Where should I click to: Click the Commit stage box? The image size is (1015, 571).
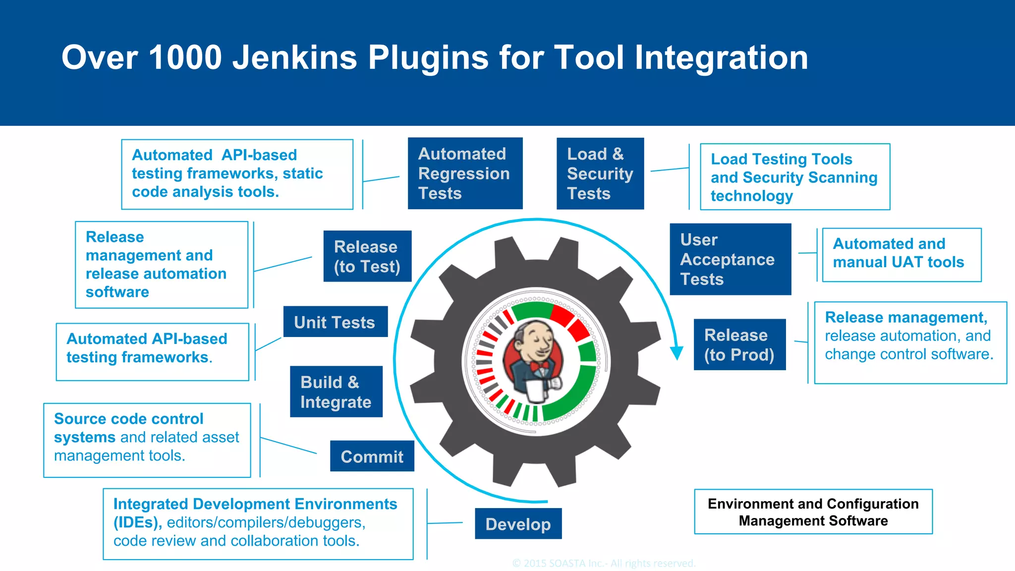point(372,456)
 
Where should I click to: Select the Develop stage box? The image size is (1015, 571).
point(518,523)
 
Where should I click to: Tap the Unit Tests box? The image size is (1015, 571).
point(335,322)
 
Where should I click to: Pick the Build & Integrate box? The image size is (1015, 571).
point(336,392)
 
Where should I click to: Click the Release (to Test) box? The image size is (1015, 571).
point(367,256)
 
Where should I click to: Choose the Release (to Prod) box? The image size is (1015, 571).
point(739,344)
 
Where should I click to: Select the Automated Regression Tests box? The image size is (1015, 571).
point(465,173)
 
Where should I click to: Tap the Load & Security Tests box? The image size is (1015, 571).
point(600,173)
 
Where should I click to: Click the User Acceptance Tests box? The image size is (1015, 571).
point(730,259)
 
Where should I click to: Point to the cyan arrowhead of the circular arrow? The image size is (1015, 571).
point(677,352)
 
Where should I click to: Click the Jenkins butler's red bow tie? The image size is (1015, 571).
point(539,366)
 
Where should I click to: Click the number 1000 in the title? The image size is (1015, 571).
point(185,57)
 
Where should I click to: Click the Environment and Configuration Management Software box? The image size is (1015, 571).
point(813,512)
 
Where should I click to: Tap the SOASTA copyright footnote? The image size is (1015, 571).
point(604,563)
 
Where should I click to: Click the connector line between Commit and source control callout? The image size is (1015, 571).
point(288,445)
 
